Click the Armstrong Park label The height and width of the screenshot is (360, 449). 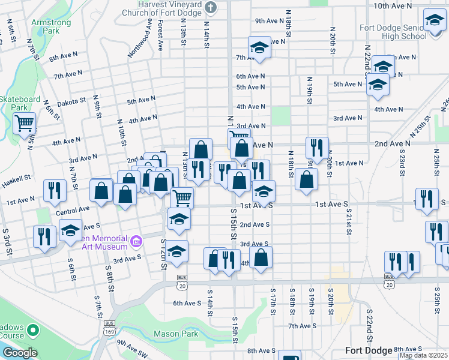click(51, 26)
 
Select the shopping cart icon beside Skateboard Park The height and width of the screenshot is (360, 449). click(25, 124)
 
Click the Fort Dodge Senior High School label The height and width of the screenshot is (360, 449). click(393, 32)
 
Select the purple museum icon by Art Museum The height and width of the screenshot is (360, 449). click(136, 241)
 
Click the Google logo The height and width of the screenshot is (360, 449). click(19, 353)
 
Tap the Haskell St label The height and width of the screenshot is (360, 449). click(16, 179)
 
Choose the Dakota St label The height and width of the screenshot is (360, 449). click(73, 102)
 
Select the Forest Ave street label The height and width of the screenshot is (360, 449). click(160, 35)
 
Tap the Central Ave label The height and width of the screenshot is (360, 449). click(73, 211)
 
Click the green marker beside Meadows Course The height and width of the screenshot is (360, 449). click(34, 330)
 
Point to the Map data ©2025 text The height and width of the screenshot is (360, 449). click(424, 355)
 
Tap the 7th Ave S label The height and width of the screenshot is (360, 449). click(302, 326)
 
